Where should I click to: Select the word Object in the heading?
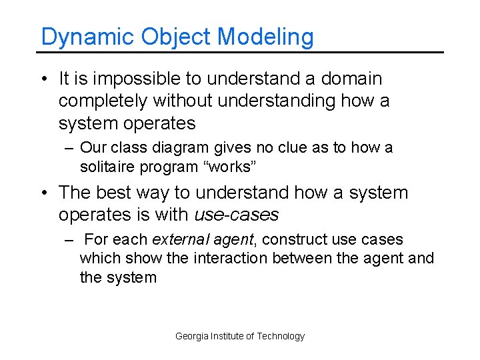click(x=177, y=37)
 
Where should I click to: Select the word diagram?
click(x=179, y=148)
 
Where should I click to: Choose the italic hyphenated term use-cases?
click(x=237, y=215)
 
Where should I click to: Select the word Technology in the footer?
click(x=281, y=336)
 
